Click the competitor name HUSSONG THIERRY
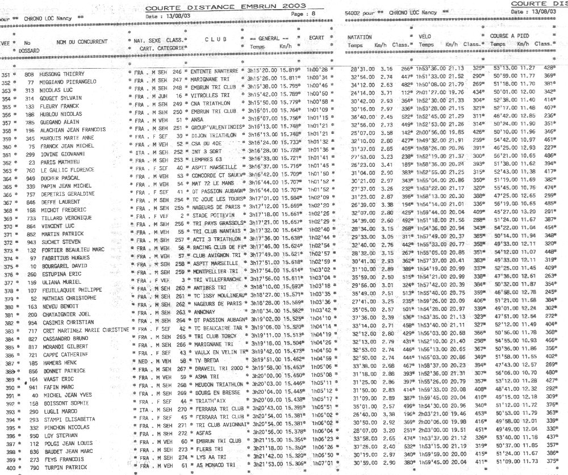click(62, 74)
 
